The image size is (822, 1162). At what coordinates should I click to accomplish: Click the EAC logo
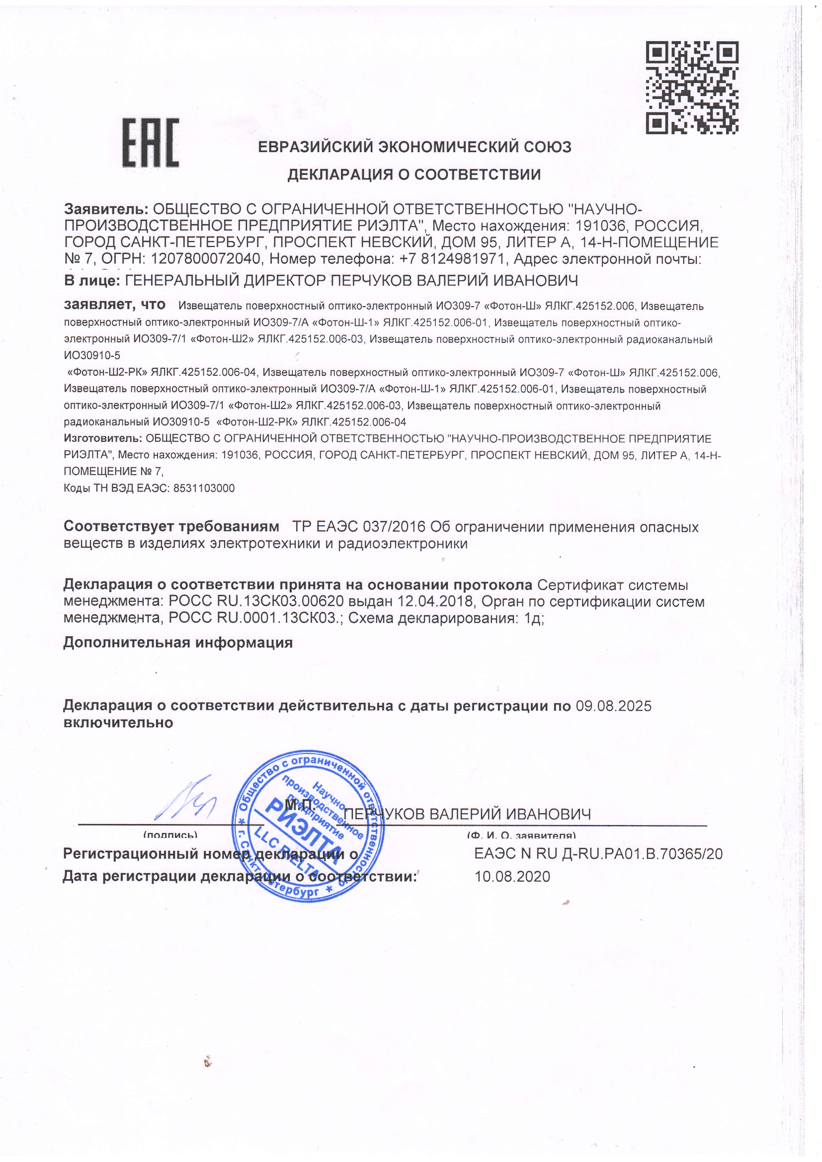tap(150, 143)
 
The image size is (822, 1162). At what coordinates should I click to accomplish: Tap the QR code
tap(691, 87)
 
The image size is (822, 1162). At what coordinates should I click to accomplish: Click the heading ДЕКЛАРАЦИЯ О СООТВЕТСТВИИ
tap(414, 174)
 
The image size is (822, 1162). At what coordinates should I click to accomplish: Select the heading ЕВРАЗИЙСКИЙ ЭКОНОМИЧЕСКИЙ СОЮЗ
tap(414, 147)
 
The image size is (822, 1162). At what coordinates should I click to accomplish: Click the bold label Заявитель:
tap(106, 209)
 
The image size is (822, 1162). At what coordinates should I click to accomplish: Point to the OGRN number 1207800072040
tap(207, 259)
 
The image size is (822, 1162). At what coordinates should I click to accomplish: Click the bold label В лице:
tap(91, 280)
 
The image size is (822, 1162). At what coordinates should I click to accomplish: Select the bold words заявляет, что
tap(115, 305)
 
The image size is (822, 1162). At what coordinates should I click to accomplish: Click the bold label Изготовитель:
tap(103, 438)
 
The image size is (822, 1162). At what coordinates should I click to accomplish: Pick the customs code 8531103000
tap(204, 489)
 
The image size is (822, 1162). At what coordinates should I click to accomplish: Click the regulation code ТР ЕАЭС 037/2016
tap(359, 527)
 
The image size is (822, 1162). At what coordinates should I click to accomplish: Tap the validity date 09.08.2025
tap(613, 706)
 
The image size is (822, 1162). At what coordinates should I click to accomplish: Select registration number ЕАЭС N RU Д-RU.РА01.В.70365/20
tap(598, 854)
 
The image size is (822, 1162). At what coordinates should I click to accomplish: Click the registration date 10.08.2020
tap(512, 877)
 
